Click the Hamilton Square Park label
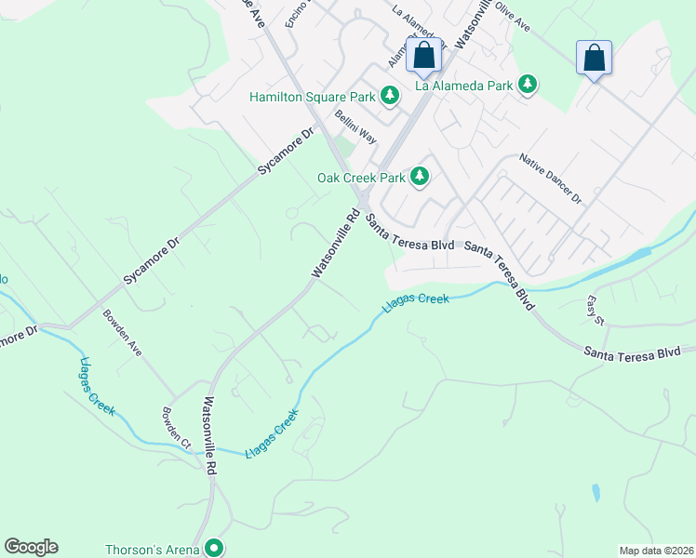[312, 97]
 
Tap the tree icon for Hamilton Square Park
[391, 95]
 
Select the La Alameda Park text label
[463, 86]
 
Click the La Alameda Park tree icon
[529, 85]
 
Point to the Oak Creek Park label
[361, 177]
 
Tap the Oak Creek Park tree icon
[420, 176]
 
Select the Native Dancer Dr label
[550, 179]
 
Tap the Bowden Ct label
[176, 429]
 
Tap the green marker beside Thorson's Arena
[215, 549]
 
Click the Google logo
[31, 547]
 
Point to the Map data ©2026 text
[655, 551]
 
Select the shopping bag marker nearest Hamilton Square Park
[424, 57]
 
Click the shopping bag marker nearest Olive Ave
[594, 58]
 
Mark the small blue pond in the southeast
[596, 492]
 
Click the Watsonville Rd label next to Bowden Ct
[211, 438]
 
